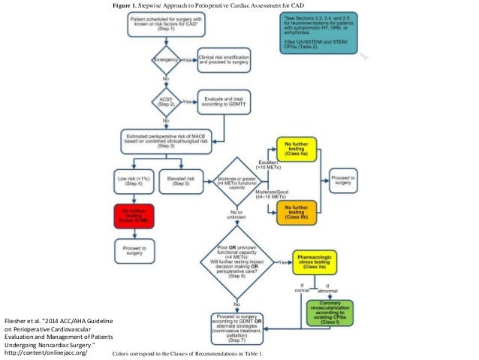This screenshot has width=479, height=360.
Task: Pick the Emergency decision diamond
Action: point(167,58)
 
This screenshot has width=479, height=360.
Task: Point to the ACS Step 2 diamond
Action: point(167,101)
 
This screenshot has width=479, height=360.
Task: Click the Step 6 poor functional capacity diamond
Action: point(237,262)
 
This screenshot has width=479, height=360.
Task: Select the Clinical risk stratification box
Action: point(224,59)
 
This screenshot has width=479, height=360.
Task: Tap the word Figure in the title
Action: point(125,5)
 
